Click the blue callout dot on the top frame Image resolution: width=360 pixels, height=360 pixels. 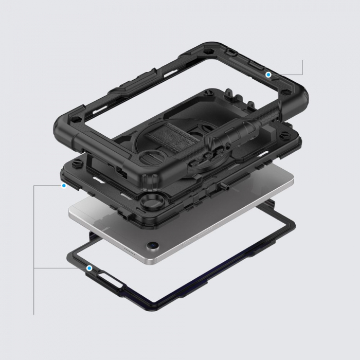pyautogui.click(x=268, y=75)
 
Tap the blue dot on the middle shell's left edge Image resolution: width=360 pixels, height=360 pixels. pyautogui.click(x=64, y=185)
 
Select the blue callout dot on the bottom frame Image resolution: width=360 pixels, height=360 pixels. pyautogui.click(x=89, y=268)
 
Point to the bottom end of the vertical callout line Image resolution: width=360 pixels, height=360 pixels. pyautogui.click(x=34, y=314)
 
